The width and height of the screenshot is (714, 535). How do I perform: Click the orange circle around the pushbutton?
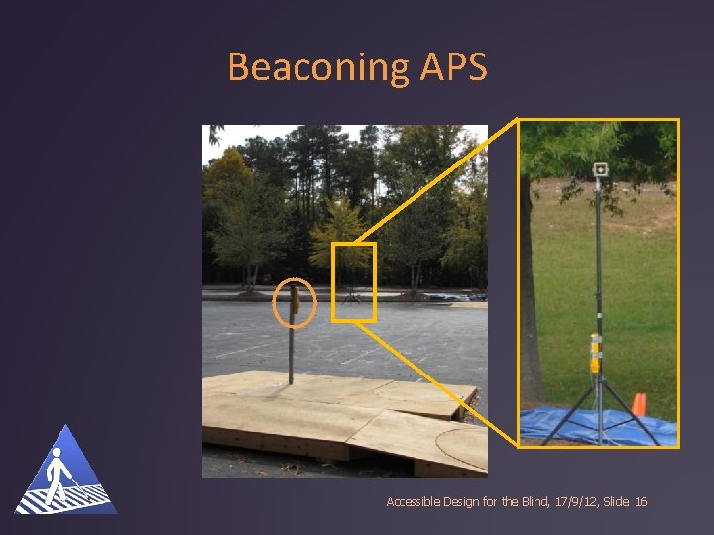(294, 303)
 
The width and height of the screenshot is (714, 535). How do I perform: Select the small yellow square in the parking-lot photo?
(354, 282)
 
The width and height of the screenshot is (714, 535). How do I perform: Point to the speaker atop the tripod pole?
(600, 169)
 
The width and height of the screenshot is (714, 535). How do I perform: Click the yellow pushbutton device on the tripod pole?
(595, 352)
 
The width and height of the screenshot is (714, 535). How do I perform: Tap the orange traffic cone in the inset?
(640, 403)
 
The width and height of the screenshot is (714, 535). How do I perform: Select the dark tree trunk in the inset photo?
(532, 297)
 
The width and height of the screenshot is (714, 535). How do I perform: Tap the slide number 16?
(640, 502)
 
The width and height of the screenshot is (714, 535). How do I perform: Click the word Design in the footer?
(455, 502)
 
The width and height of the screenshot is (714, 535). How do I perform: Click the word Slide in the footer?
(615, 502)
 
